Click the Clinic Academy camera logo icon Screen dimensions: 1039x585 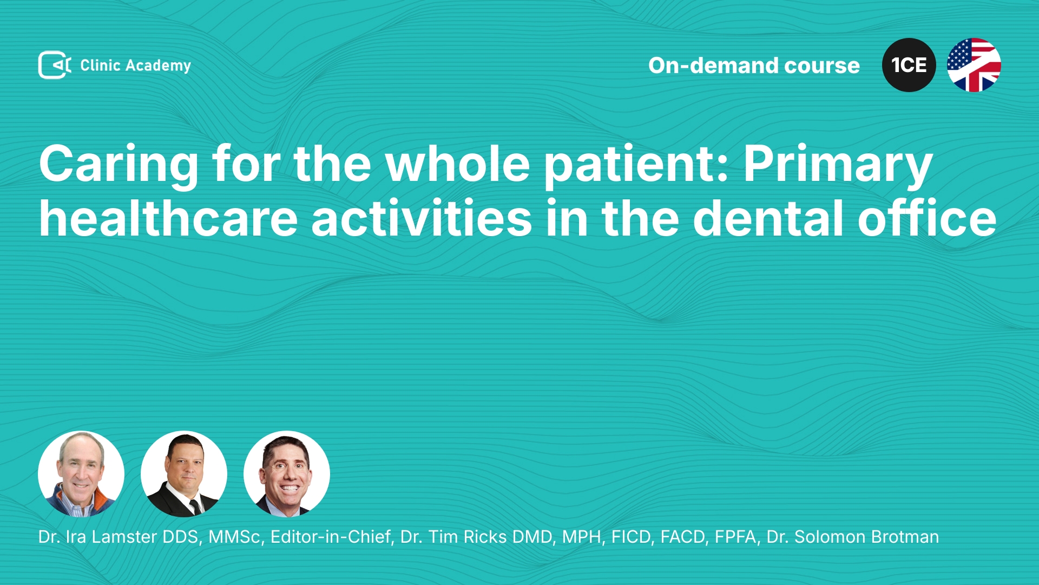pyautogui.click(x=55, y=65)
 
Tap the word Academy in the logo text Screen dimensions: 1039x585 pyautogui.click(x=158, y=66)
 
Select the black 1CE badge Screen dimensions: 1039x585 pyautogui.click(x=909, y=65)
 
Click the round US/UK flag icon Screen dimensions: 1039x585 pyautogui.click(x=974, y=65)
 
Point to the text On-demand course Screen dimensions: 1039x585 pyautogui.click(x=754, y=66)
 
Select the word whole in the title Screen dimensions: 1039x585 pyautogui.click(x=458, y=164)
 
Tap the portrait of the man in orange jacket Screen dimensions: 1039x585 pyautogui.click(x=81, y=474)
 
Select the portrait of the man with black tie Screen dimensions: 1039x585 pyautogui.click(x=184, y=474)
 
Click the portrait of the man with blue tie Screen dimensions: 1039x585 pyautogui.click(x=287, y=474)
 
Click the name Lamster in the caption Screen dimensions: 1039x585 pyautogui.click(x=124, y=537)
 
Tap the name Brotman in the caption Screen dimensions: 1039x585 pyautogui.click(x=905, y=537)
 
